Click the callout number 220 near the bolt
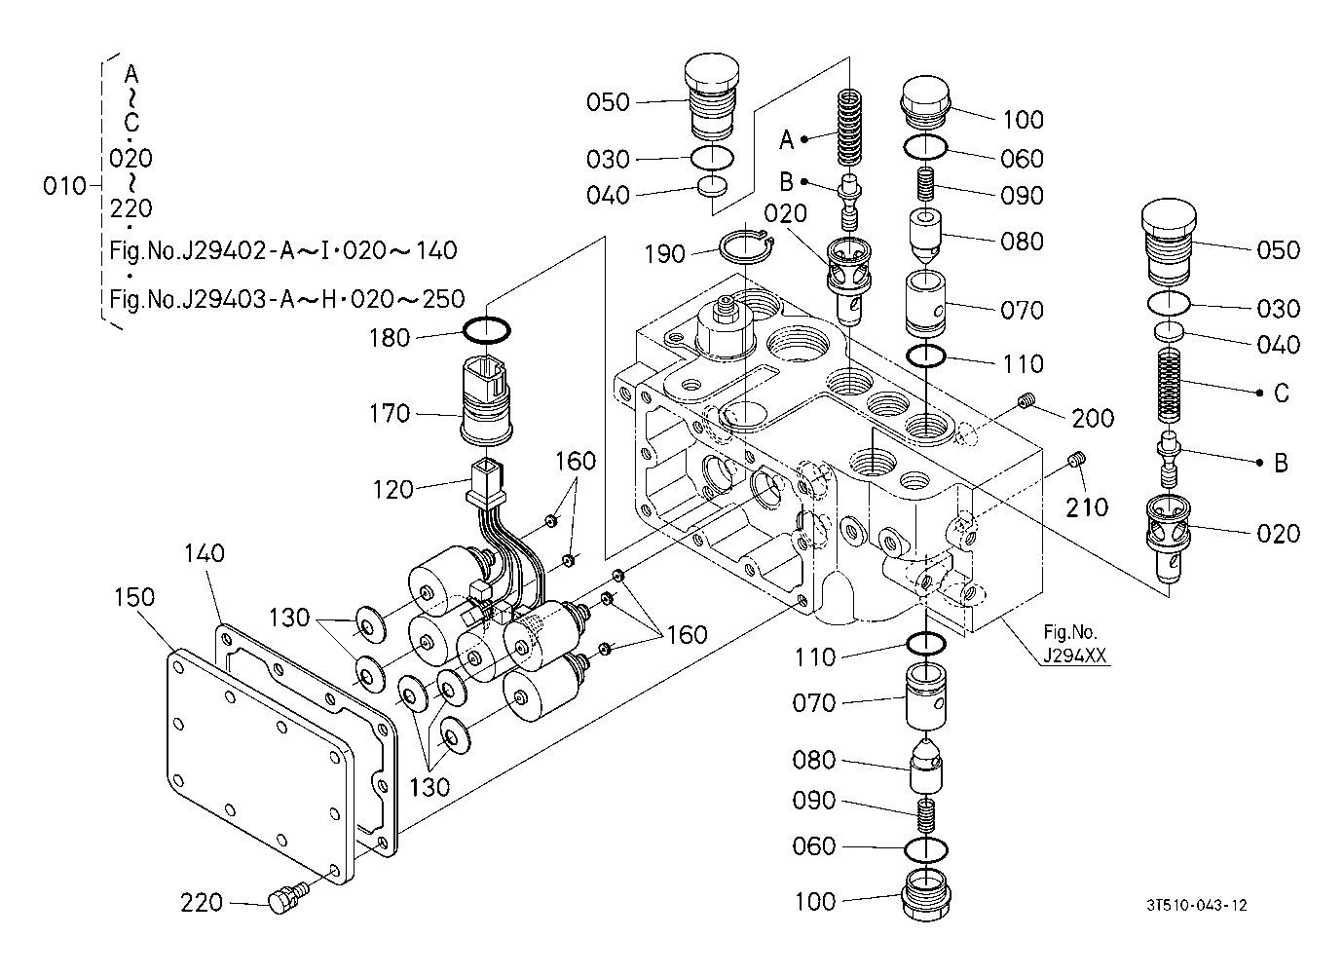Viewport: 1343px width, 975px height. click(x=202, y=903)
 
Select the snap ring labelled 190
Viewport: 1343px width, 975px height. click(x=745, y=247)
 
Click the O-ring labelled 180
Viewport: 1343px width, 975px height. click(x=486, y=330)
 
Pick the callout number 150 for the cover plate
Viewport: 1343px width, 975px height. click(x=134, y=597)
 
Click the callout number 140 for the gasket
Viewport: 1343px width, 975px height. click(x=204, y=553)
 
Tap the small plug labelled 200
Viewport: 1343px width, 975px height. click(x=1026, y=400)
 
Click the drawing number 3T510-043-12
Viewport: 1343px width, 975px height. click(x=1197, y=905)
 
